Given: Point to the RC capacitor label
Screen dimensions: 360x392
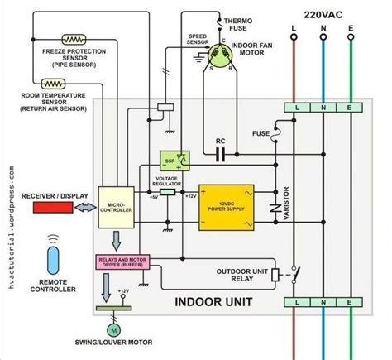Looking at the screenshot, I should pyautogui.click(x=221, y=140).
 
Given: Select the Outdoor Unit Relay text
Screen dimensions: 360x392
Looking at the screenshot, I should pyautogui.click(x=246, y=275).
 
